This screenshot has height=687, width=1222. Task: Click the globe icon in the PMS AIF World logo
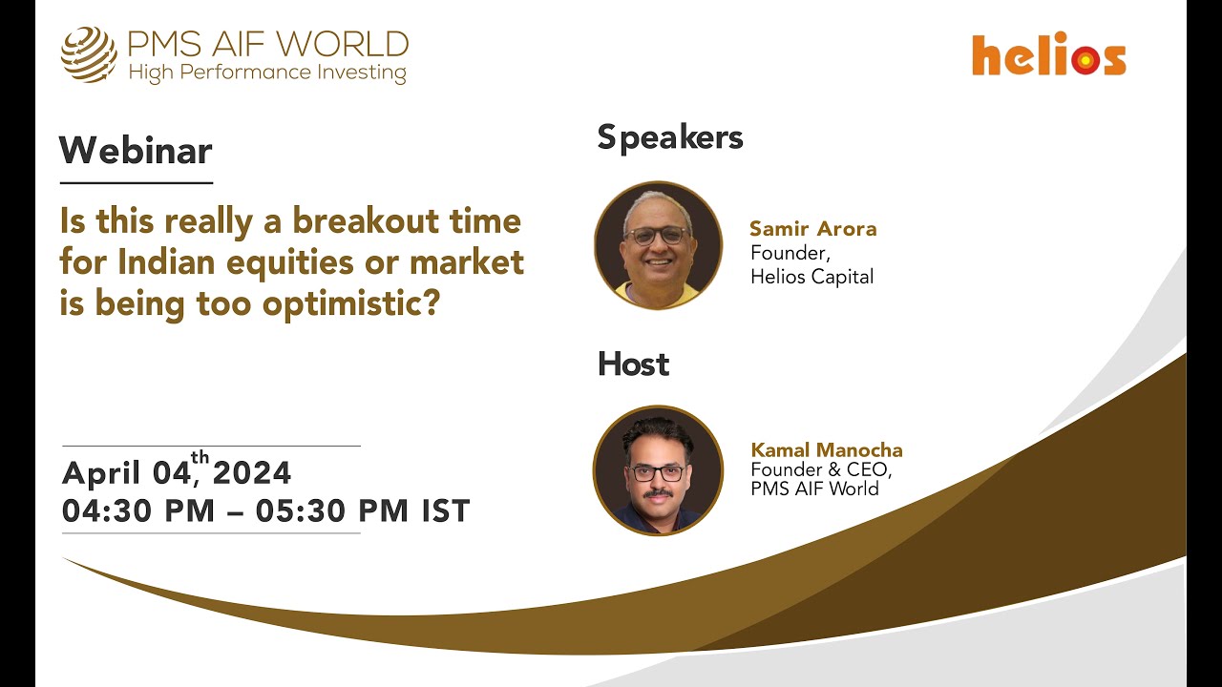[89, 54]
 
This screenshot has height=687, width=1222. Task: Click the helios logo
[1048, 55]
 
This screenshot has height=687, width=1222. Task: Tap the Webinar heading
[136, 151]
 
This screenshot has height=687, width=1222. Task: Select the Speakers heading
[670, 137]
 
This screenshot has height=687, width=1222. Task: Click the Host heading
[633, 364]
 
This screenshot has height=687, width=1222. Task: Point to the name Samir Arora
[812, 229]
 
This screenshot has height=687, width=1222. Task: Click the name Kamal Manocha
[826, 450]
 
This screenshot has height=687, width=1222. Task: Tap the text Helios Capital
[811, 277]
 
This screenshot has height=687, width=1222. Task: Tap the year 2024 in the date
[252, 473]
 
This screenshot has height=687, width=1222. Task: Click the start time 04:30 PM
[138, 511]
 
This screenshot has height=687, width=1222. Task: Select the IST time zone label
[446, 511]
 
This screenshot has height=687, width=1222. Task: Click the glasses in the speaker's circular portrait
[657, 235]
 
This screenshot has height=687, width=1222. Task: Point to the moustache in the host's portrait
[657, 493]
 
